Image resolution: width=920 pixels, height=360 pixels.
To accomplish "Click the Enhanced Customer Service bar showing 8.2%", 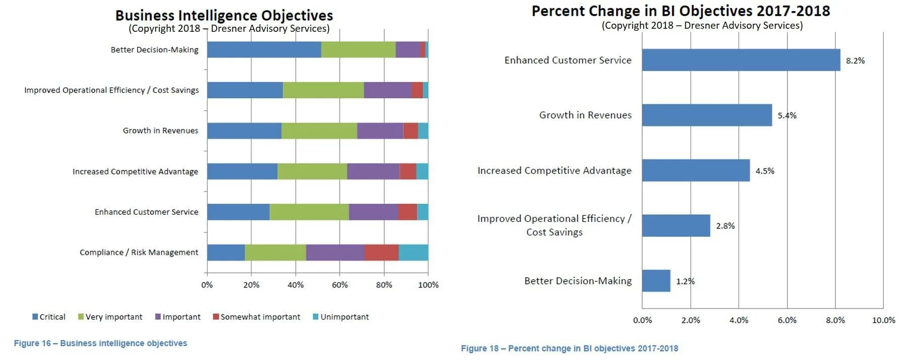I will pos(741,60).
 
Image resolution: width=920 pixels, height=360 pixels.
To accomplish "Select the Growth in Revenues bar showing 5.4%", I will pos(707,115).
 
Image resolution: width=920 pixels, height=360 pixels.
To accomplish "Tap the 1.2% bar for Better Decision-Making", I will pos(656,281).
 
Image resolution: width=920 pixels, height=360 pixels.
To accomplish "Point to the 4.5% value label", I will pos(764,171).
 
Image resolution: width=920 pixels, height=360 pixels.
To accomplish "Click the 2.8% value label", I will pos(725,226).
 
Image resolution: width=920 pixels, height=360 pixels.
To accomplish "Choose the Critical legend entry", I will pos(49,317).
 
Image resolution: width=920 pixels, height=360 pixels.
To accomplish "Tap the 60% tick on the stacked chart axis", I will pos(340,285).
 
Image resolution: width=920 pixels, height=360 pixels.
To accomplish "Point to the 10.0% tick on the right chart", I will pos(883,320).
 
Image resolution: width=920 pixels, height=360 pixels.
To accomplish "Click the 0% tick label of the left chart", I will pos(207,285).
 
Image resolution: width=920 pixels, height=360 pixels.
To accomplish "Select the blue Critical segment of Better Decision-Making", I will pos(264,49).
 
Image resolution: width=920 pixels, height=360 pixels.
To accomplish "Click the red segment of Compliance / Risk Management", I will pos(381,252).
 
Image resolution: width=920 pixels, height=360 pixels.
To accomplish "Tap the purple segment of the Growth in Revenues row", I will pos(380,131).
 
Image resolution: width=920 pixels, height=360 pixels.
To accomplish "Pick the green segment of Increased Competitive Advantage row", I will pos(312,171).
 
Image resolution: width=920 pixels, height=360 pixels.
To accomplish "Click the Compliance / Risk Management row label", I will pos(139,252).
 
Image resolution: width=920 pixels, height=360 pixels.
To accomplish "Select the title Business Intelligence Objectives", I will pos(224,16).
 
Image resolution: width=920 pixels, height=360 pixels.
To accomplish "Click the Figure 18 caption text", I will pos(569,348).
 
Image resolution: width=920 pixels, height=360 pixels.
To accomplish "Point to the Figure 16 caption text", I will pos(100,343).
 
